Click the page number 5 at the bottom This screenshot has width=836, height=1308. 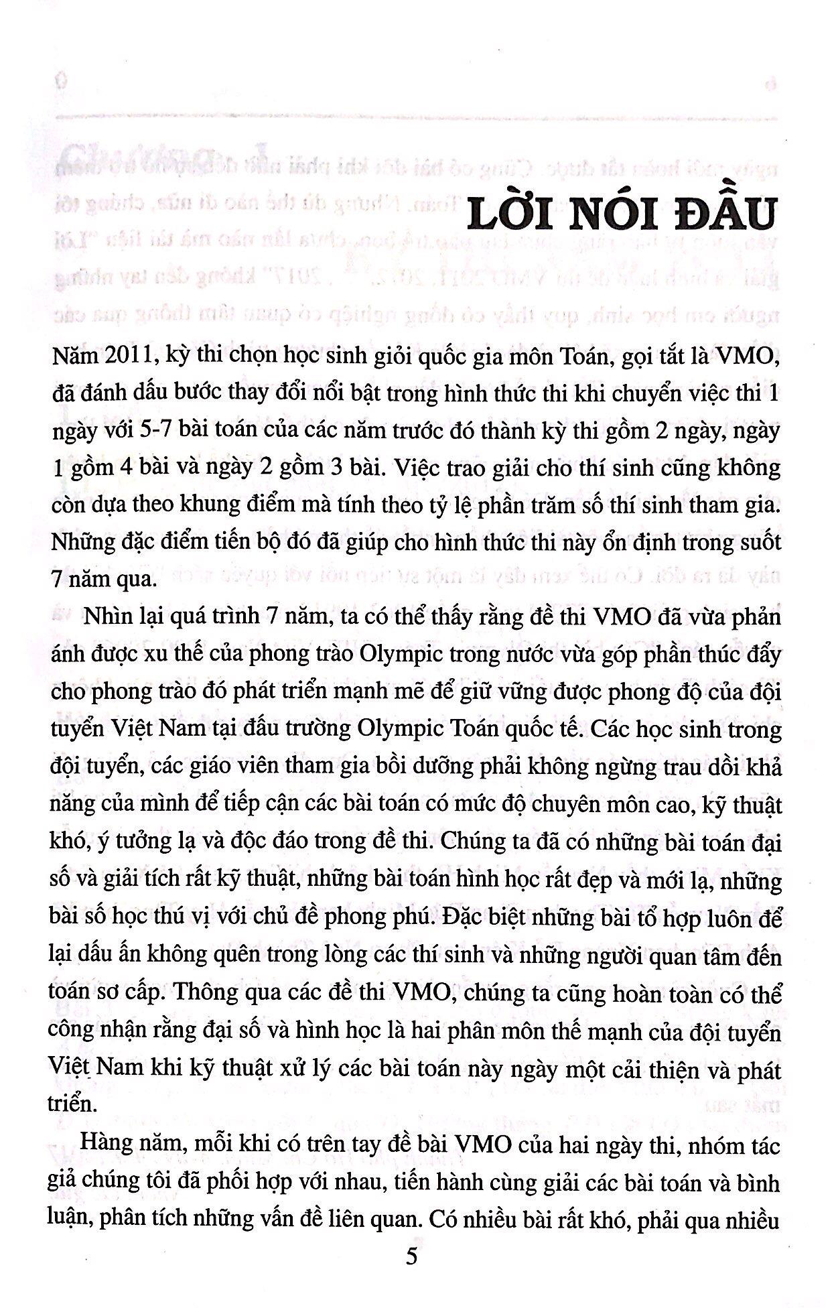pos(412,1255)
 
